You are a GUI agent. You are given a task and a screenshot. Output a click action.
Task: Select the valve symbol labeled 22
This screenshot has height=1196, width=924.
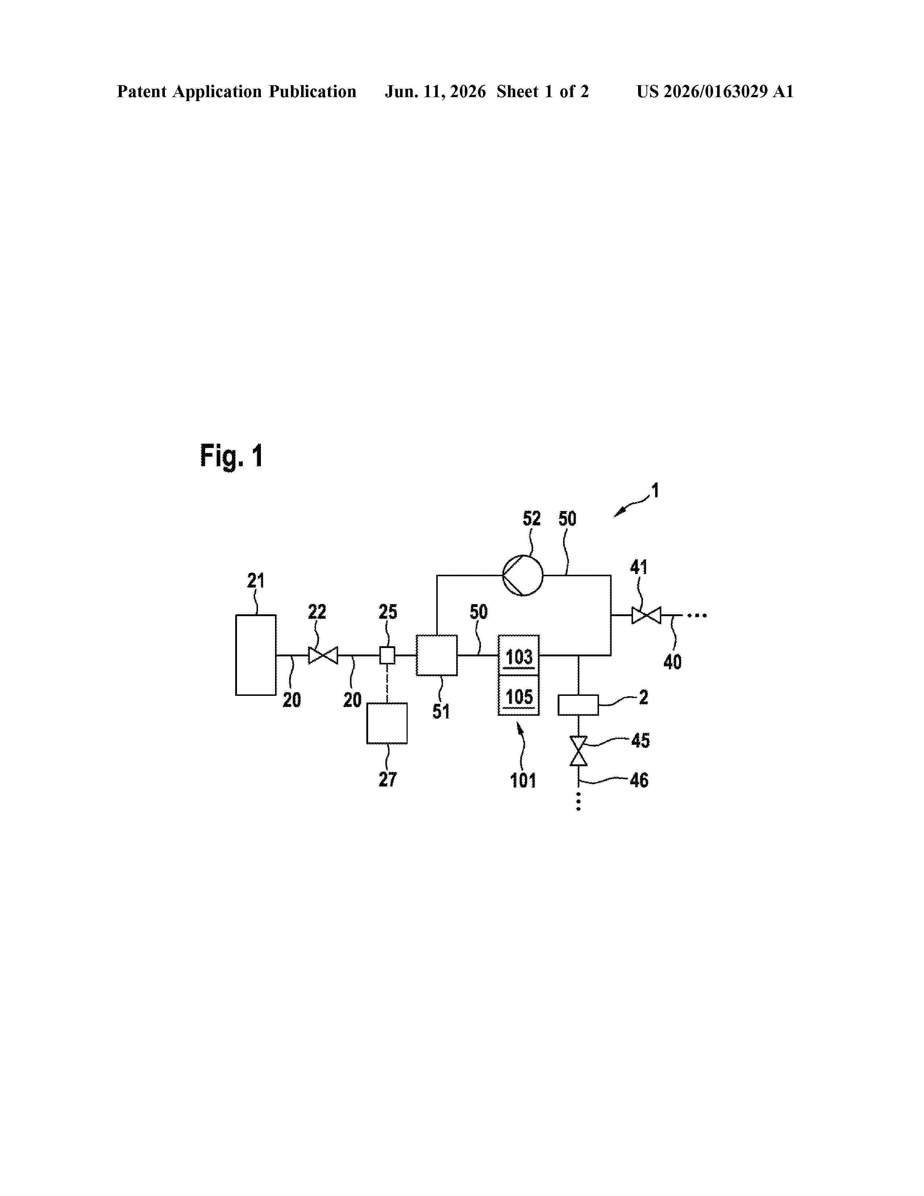coord(323,655)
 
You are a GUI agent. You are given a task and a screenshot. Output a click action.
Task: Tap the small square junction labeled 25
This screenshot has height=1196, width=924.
coord(387,655)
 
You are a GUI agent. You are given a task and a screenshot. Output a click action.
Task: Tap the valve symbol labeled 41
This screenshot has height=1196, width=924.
coord(646,615)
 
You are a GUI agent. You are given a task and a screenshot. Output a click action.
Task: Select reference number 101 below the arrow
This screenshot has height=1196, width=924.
coord(523,780)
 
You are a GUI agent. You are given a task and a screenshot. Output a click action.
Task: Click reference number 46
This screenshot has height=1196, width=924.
coord(639,780)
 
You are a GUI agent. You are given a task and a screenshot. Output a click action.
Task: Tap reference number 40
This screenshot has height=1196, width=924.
coord(672,662)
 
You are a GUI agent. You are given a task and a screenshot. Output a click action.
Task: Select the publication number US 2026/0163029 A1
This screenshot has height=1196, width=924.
coord(715,91)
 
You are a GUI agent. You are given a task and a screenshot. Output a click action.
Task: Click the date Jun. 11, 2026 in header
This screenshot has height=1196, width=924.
coord(435,91)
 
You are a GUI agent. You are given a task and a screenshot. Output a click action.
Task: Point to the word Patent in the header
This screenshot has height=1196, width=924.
coord(142,91)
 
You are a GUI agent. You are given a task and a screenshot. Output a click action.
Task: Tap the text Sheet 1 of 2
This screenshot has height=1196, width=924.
coord(542,91)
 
